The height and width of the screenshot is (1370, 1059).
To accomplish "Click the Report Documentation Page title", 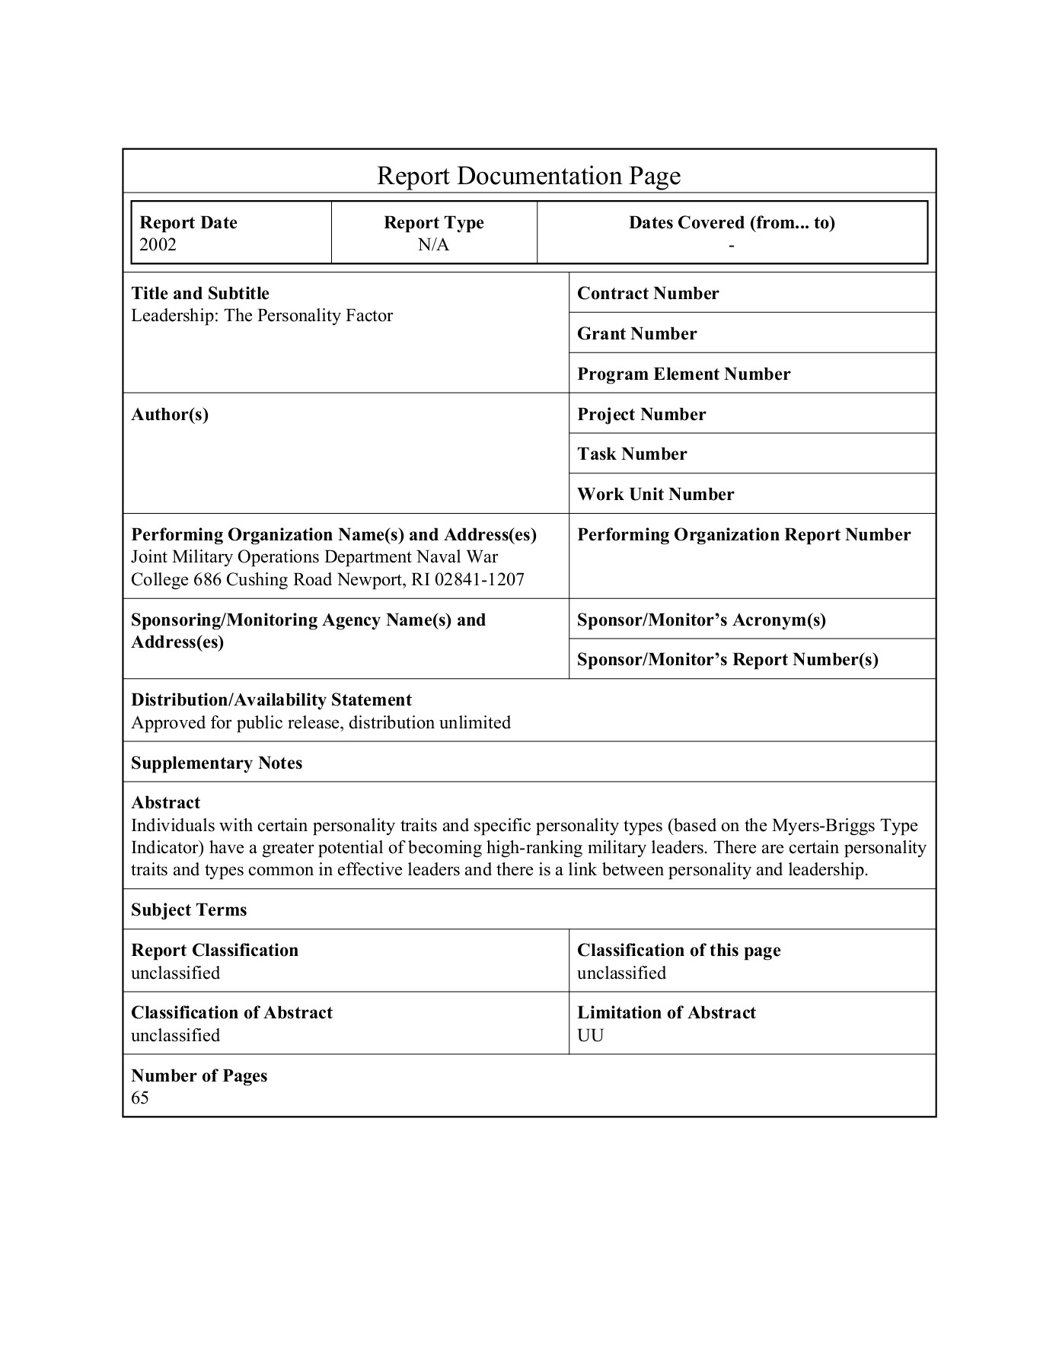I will click(x=528, y=176).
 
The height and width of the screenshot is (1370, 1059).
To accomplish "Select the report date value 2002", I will click(x=158, y=244).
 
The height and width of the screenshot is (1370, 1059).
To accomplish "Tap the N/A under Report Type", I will click(x=433, y=244).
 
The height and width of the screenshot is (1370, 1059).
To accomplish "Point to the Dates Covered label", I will click(x=731, y=222).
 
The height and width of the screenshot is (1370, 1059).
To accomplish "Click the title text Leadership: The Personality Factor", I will click(x=262, y=316).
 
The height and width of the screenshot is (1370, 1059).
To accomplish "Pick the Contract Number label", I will click(x=648, y=294).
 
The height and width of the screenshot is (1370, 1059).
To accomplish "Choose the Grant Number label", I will click(x=636, y=333).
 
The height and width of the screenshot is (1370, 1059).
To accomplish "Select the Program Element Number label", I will click(x=684, y=374).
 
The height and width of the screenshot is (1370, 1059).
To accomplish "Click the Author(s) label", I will click(x=170, y=414).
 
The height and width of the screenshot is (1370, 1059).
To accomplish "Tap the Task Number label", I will click(x=632, y=454).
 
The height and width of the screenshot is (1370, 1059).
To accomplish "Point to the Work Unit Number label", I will click(x=655, y=494).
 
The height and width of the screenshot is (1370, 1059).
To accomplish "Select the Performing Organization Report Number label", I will click(x=744, y=534).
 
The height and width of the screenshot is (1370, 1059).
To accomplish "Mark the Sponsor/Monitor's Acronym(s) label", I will click(x=701, y=620).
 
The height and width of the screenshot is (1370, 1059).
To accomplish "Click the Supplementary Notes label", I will click(x=216, y=763).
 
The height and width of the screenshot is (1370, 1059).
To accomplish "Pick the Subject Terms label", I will click(x=189, y=910).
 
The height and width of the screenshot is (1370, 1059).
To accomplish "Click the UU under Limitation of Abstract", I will click(x=590, y=1035).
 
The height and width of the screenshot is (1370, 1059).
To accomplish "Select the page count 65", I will click(x=140, y=1098).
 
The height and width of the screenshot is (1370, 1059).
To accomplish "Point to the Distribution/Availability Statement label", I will click(x=271, y=699).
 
